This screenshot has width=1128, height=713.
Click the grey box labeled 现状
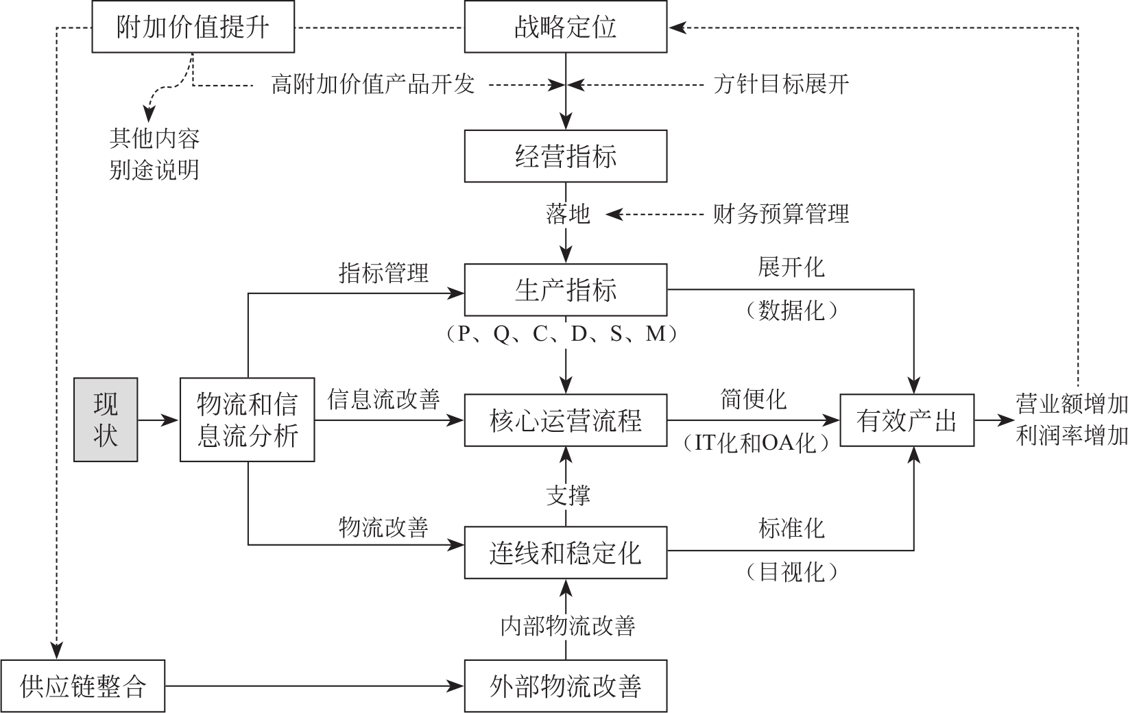106,420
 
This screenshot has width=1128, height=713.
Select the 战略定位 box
565,27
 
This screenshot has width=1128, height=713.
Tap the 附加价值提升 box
193,27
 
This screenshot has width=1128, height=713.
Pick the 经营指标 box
565,156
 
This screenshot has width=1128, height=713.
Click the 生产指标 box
565,290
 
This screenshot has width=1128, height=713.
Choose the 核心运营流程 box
565,420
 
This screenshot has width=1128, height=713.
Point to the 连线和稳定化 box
565,553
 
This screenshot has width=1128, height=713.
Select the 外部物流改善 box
565,686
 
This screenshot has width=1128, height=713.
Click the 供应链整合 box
83,686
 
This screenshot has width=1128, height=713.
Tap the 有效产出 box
907,420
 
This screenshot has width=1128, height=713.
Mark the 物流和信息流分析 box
247,420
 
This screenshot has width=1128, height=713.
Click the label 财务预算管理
780,214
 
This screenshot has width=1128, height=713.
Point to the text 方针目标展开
780,84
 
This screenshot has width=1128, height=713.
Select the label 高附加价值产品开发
372,84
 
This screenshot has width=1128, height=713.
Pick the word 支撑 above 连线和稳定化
567,494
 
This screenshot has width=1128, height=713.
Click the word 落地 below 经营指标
567,214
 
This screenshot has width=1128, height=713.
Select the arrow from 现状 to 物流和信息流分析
158,420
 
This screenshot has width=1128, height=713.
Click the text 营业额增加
1071,405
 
